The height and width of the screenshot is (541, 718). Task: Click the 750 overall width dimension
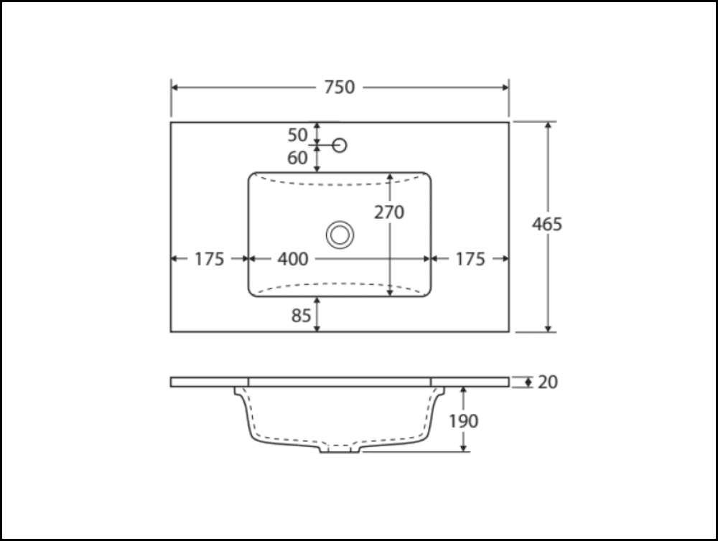tap(339, 87)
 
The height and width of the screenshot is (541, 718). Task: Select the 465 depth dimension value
tap(547, 224)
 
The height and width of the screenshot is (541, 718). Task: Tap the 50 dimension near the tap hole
tap(297, 134)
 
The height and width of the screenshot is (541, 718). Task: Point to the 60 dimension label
tap(297, 158)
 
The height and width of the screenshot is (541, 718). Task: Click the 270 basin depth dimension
tap(389, 212)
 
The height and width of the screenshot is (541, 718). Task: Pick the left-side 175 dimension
tap(210, 259)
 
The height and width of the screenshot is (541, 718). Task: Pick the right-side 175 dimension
tap(470, 259)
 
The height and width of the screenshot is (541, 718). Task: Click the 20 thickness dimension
tap(548, 382)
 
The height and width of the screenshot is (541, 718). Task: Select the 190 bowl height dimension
tap(464, 420)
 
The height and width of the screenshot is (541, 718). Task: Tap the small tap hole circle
tap(340, 146)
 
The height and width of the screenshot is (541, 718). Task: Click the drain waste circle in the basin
tap(340, 235)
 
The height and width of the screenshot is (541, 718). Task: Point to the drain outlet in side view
tap(340, 449)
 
